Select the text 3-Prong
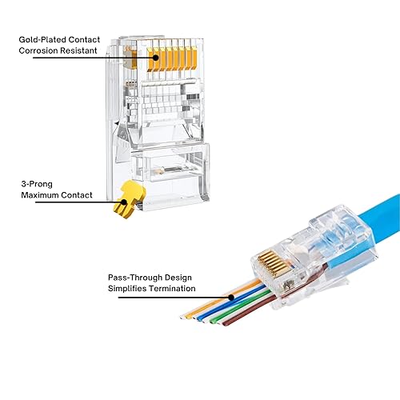click(x=35, y=183)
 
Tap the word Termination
click(x=172, y=290)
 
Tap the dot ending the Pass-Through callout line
click(x=232, y=297)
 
